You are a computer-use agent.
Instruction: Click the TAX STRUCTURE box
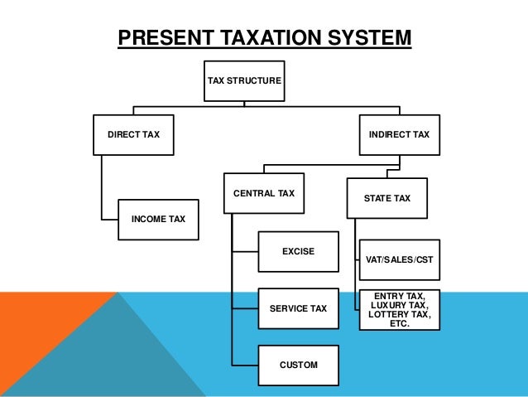click(x=244, y=81)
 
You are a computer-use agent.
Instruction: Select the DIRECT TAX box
click(x=133, y=134)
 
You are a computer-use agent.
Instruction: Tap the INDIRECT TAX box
click(x=399, y=134)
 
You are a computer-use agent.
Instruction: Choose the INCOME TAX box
click(x=158, y=220)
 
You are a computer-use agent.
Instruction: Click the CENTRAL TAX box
click(x=264, y=193)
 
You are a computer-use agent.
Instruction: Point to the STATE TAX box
click(x=386, y=199)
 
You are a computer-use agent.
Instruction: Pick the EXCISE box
click(x=298, y=250)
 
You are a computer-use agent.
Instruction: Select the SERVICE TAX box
click(x=298, y=309)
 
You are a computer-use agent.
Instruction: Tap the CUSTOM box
click(x=298, y=365)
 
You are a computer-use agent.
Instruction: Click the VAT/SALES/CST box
click(x=399, y=259)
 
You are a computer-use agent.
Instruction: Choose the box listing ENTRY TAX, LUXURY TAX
click(x=399, y=309)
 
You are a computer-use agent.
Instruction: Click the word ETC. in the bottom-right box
click(x=399, y=323)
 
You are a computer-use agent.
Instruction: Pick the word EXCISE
click(x=298, y=250)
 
